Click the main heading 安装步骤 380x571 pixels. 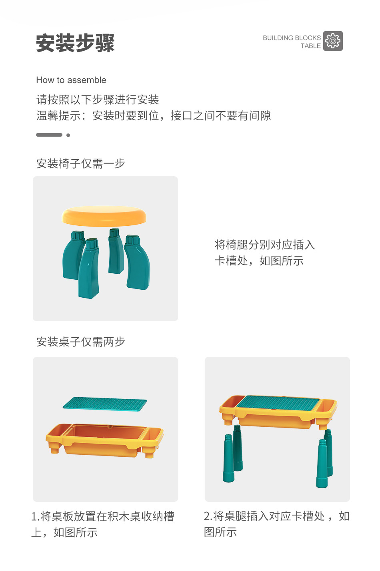coord(75,43)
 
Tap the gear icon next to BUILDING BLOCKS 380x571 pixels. coord(333,41)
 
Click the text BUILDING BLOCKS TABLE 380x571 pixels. coord(292,42)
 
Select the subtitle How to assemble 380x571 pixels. coord(71,80)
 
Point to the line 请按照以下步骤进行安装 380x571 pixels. coord(98,99)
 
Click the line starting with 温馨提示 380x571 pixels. coord(154,116)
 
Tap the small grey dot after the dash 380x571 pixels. coord(68,135)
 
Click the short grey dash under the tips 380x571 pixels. coord(49,135)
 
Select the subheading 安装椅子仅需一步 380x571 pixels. coord(80,163)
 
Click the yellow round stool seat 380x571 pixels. coord(104,216)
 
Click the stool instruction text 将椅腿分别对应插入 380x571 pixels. coord(264,245)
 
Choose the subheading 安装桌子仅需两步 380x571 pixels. coord(80,342)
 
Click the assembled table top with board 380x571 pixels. coord(278,408)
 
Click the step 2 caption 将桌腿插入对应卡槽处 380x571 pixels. coord(276,516)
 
